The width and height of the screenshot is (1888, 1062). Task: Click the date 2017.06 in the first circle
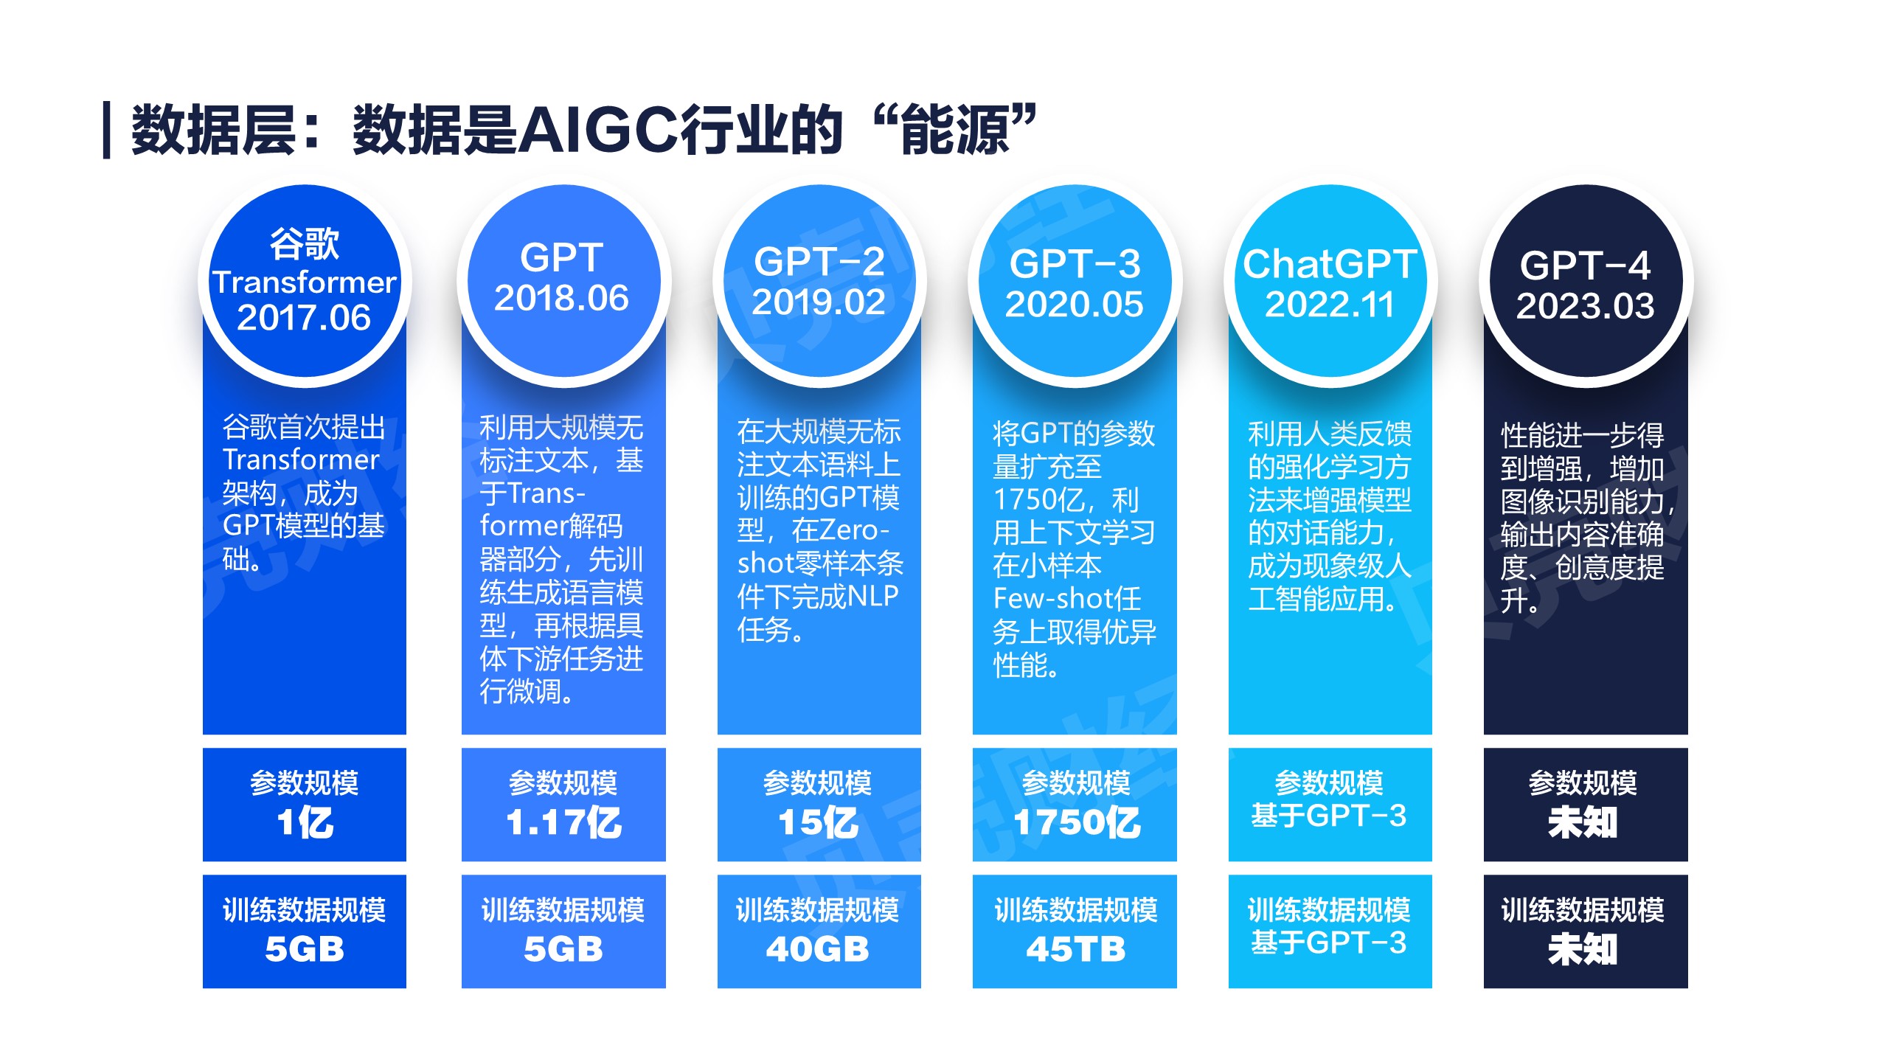tap(304, 318)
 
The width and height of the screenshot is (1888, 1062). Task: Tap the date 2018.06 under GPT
tap(561, 298)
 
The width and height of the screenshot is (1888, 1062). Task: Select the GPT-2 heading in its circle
tap(819, 262)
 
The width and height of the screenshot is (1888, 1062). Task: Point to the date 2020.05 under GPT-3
tap(1074, 305)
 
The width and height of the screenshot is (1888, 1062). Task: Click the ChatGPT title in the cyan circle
tap(1330, 264)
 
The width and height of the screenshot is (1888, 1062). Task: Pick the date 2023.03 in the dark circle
tap(1585, 306)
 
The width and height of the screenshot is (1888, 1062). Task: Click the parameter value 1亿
tap(305, 822)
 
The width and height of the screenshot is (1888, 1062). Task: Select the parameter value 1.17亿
tap(563, 822)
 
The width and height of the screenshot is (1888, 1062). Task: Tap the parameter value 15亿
tap(819, 822)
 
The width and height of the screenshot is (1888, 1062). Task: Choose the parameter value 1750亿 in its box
tap(1077, 822)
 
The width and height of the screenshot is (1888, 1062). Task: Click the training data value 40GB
tap(818, 949)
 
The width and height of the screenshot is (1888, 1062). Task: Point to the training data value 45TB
tap(1076, 949)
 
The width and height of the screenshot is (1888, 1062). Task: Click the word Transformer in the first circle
tap(305, 282)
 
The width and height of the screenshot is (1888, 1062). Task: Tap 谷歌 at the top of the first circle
tap(305, 243)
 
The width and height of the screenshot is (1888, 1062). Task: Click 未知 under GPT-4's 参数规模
tap(1583, 822)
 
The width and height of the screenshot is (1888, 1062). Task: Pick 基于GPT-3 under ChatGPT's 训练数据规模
tap(1329, 943)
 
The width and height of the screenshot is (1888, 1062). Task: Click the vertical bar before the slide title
tap(107, 130)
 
